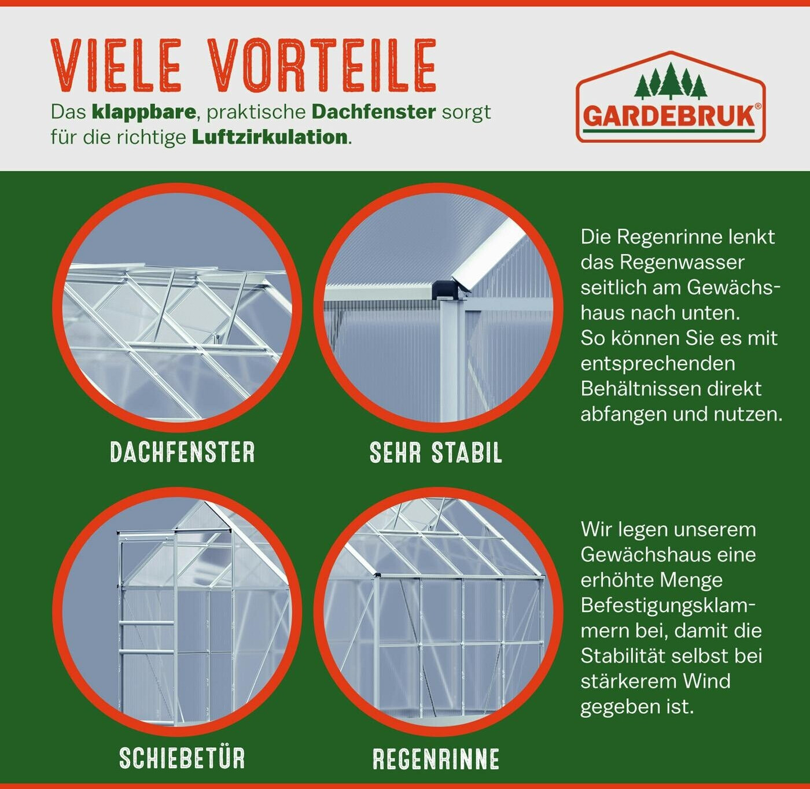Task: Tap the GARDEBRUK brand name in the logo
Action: pos(669,116)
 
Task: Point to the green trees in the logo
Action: pos(671,81)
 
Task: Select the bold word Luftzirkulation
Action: pos(270,137)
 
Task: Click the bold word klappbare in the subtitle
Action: pos(144,112)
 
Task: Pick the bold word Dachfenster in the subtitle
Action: pos(374,112)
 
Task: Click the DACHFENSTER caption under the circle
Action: pos(182,453)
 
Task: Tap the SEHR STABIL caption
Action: pos(436,453)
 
